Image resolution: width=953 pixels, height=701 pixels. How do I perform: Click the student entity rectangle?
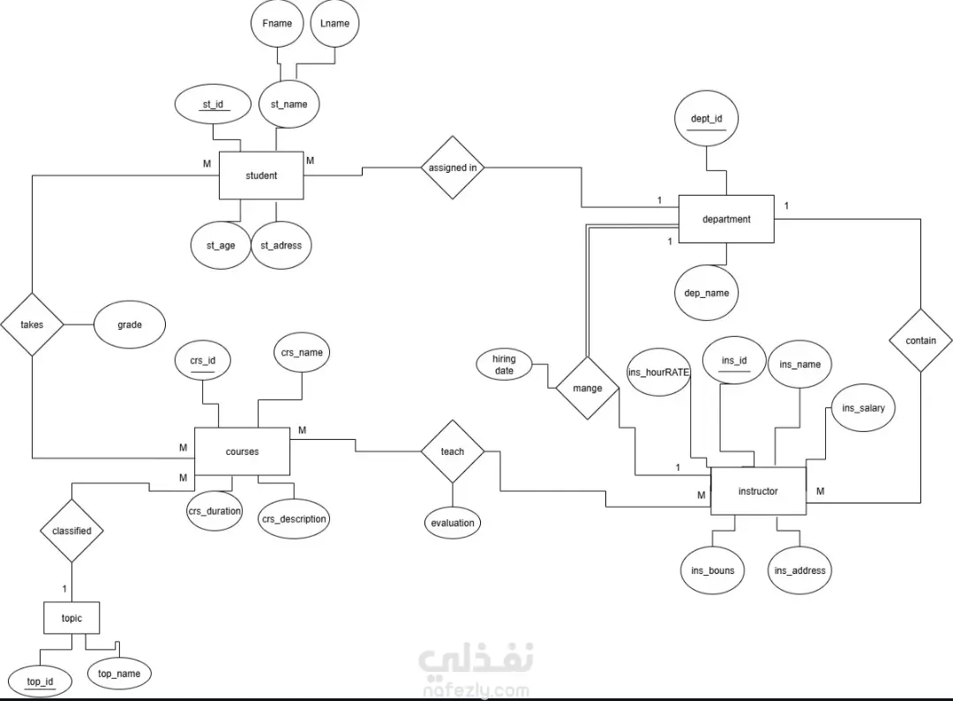click(x=260, y=175)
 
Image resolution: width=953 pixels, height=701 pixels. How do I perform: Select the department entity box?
click(x=725, y=219)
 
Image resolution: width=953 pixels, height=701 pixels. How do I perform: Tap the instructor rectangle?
click(x=757, y=491)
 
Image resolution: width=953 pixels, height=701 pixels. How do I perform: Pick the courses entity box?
click(x=242, y=451)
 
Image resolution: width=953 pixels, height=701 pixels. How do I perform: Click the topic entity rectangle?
click(x=71, y=618)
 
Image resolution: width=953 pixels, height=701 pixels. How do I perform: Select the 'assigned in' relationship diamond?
click(x=453, y=168)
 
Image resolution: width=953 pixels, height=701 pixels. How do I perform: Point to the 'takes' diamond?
click(x=32, y=324)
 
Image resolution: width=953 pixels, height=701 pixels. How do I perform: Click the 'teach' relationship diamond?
click(x=452, y=451)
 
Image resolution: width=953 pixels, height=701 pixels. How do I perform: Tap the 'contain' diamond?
click(x=920, y=340)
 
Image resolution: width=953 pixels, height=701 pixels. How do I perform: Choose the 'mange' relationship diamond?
click(x=587, y=388)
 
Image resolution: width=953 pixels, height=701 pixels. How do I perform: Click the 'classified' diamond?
click(x=71, y=531)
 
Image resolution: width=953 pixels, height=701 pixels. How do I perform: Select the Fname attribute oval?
click(x=277, y=24)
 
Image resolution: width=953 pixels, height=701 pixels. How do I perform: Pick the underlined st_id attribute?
click(x=213, y=104)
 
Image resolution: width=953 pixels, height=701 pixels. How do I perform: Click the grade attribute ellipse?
click(x=129, y=324)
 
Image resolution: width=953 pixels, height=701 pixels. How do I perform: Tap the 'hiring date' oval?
click(x=504, y=365)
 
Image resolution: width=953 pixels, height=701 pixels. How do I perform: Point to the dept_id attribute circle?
click(x=706, y=118)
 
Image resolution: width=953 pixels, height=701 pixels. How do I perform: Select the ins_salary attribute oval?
click(x=863, y=408)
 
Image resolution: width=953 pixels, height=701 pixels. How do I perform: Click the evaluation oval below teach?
click(x=453, y=523)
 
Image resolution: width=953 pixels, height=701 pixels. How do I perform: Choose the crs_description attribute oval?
click(x=294, y=518)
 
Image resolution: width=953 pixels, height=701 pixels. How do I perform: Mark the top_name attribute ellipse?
click(x=119, y=674)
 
